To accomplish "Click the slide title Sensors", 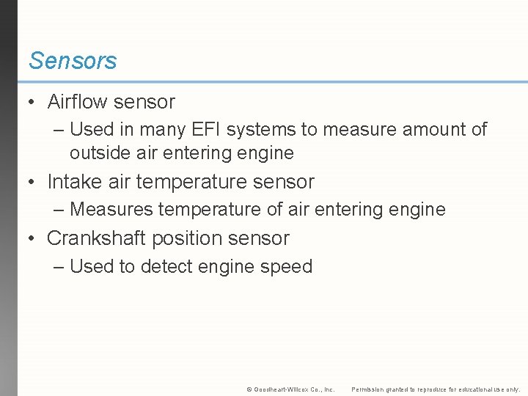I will pyautogui.click(x=73, y=61).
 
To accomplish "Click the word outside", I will pyautogui.click(x=98, y=153).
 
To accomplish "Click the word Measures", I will pyautogui.click(x=111, y=210).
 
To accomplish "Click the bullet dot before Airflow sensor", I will pyautogui.click(x=33, y=103).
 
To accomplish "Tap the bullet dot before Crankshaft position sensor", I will pyautogui.click(x=33, y=239).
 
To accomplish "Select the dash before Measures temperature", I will pyautogui.click(x=59, y=210).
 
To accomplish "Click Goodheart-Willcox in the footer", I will pyautogui.click(x=278, y=389).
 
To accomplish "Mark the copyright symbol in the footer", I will pyautogui.click(x=249, y=389).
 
